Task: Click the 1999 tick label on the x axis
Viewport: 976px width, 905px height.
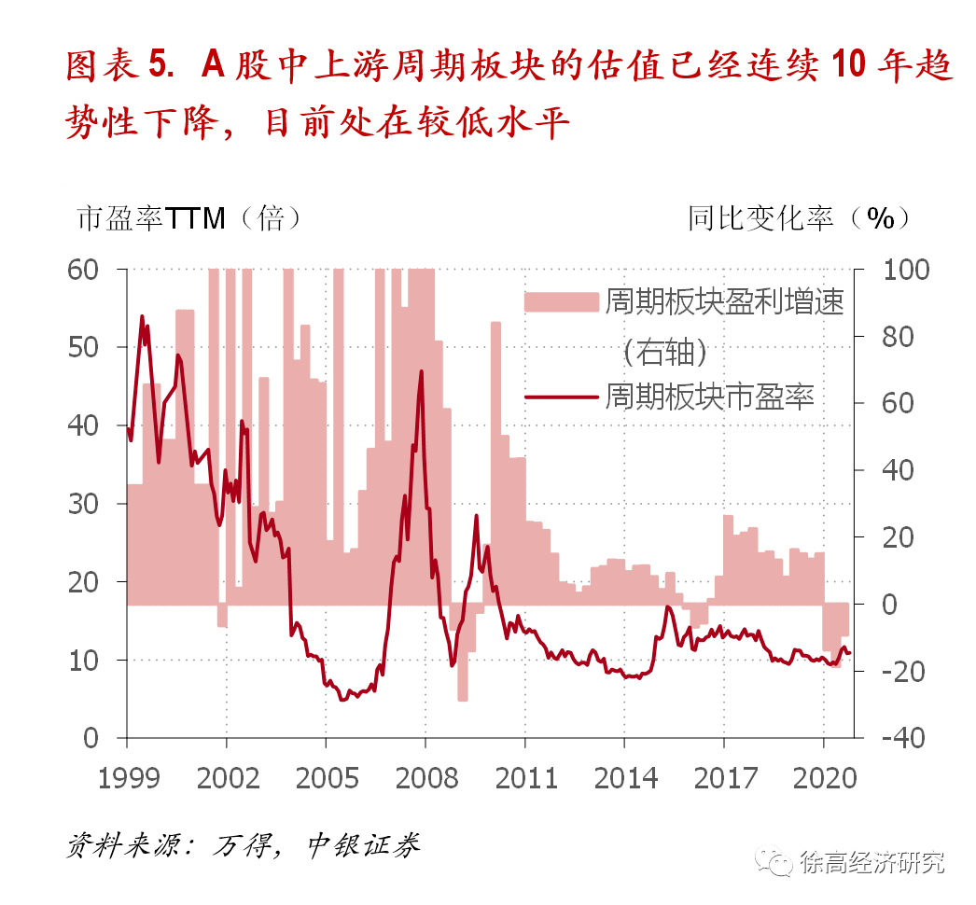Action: tap(127, 777)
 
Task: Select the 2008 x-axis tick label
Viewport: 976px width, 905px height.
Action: tap(425, 777)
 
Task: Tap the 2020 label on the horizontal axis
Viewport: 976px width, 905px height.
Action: tap(823, 777)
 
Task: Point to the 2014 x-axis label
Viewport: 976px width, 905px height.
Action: tap(624, 777)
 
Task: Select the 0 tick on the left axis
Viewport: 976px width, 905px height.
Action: tap(91, 738)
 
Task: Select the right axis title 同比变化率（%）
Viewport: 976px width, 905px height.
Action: tap(799, 218)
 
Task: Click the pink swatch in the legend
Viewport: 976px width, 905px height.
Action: tap(560, 301)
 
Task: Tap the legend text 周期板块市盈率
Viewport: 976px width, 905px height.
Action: tap(710, 396)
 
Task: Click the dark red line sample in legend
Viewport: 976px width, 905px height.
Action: tap(560, 396)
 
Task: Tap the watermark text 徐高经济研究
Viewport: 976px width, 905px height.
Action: tap(871, 862)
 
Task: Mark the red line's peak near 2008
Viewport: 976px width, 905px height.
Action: tap(422, 371)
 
